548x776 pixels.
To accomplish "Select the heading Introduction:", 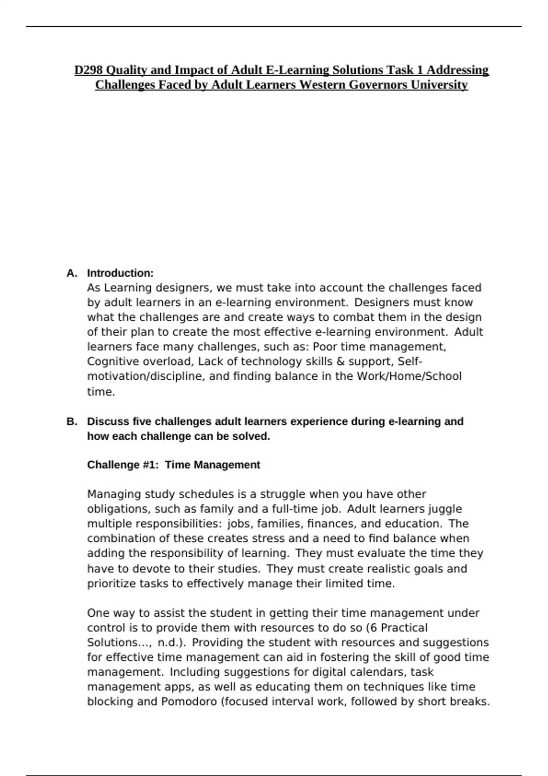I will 120,273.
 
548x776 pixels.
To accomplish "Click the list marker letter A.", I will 71,273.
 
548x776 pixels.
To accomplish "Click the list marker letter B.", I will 71,421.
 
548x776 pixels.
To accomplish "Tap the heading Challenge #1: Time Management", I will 173,465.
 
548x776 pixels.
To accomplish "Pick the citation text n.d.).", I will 171,643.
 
